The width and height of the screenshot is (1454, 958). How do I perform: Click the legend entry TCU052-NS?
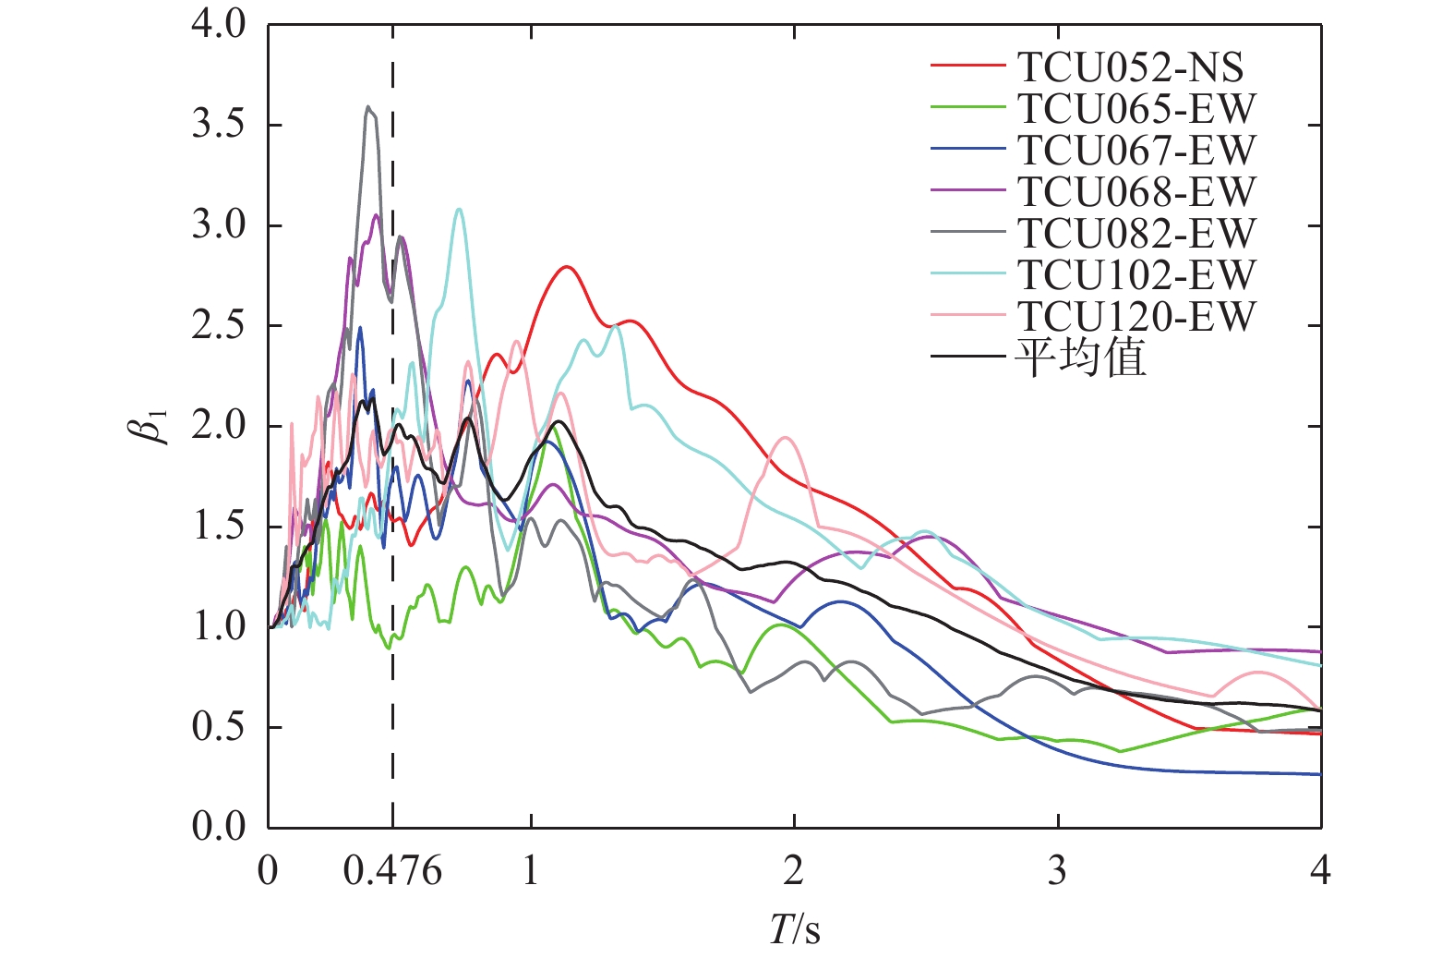click(1130, 67)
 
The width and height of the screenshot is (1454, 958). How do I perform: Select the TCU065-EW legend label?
click(1136, 109)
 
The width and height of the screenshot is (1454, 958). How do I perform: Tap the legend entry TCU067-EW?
click(1136, 151)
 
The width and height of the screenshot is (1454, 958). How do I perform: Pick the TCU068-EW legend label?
click(1136, 192)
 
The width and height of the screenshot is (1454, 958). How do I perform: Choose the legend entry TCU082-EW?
click(1136, 234)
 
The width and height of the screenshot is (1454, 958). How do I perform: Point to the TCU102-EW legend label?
click(1136, 275)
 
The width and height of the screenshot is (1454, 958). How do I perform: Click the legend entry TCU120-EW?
click(1136, 317)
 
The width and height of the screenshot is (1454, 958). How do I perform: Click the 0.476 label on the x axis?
click(392, 871)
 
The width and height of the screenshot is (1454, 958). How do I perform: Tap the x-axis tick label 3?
click(1057, 871)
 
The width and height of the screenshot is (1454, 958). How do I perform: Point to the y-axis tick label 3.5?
click(219, 126)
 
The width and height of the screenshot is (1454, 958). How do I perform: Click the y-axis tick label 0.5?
click(219, 728)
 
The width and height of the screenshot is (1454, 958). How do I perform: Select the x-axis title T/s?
click(795, 929)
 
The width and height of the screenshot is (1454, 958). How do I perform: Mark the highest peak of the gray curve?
click(368, 107)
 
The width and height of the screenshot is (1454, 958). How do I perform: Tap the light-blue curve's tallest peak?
click(459, 210)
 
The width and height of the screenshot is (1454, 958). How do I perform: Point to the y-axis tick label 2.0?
click(219, 427)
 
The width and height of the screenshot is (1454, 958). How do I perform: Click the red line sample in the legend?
click(967, 67)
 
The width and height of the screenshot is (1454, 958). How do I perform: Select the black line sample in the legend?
click(967, 357)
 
